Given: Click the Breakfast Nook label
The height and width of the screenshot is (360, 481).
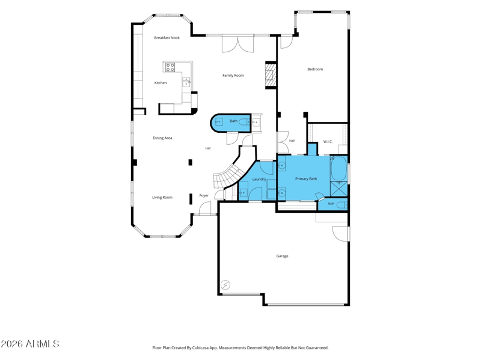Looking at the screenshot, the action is [167, 38].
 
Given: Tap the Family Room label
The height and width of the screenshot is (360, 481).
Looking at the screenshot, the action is [233, 76].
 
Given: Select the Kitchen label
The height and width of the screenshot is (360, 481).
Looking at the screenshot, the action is [161, 83].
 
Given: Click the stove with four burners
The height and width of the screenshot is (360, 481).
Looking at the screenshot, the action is [170, 67].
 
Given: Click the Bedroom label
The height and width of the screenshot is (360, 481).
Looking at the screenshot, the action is [315, 69].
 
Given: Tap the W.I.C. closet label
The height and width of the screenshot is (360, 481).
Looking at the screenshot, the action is [328, 142].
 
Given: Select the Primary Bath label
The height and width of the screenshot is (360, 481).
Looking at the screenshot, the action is [306, 178].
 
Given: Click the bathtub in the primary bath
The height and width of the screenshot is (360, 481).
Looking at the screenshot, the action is [339, 169].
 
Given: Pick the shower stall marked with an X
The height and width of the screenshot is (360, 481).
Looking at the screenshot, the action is [339, 189].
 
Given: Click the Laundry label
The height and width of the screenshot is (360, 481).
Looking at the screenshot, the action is [259, 179].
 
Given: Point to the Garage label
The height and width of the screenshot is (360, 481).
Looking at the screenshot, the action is [282, 256].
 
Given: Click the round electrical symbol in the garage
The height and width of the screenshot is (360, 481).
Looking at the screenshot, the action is [226, 285].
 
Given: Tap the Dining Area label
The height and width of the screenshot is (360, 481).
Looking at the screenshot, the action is [162, 138].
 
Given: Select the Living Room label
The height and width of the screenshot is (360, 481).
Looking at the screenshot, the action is [162, 198].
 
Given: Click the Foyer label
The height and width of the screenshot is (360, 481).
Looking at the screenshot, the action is [204, 195].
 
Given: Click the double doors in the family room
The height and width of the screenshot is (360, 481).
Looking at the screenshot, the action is [237, 43].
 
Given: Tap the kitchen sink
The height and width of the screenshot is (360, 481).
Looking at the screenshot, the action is [186, 82].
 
